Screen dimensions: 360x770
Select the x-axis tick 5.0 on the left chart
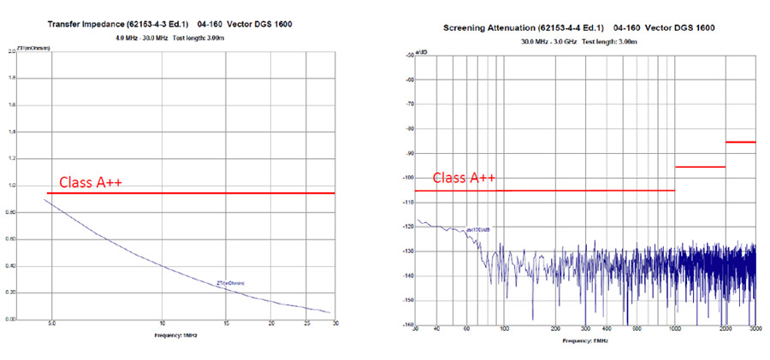[x=51, y=323]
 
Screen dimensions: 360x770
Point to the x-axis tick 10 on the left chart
[x=162, y=323]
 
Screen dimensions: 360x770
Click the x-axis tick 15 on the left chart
[x=226, y=323]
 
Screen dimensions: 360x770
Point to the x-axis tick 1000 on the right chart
[x=675, y=329]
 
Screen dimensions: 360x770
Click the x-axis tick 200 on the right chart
[x=556, y=329]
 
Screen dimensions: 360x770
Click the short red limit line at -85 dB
[x=741, y=142]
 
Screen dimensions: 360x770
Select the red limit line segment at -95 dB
[x=700, y=167]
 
